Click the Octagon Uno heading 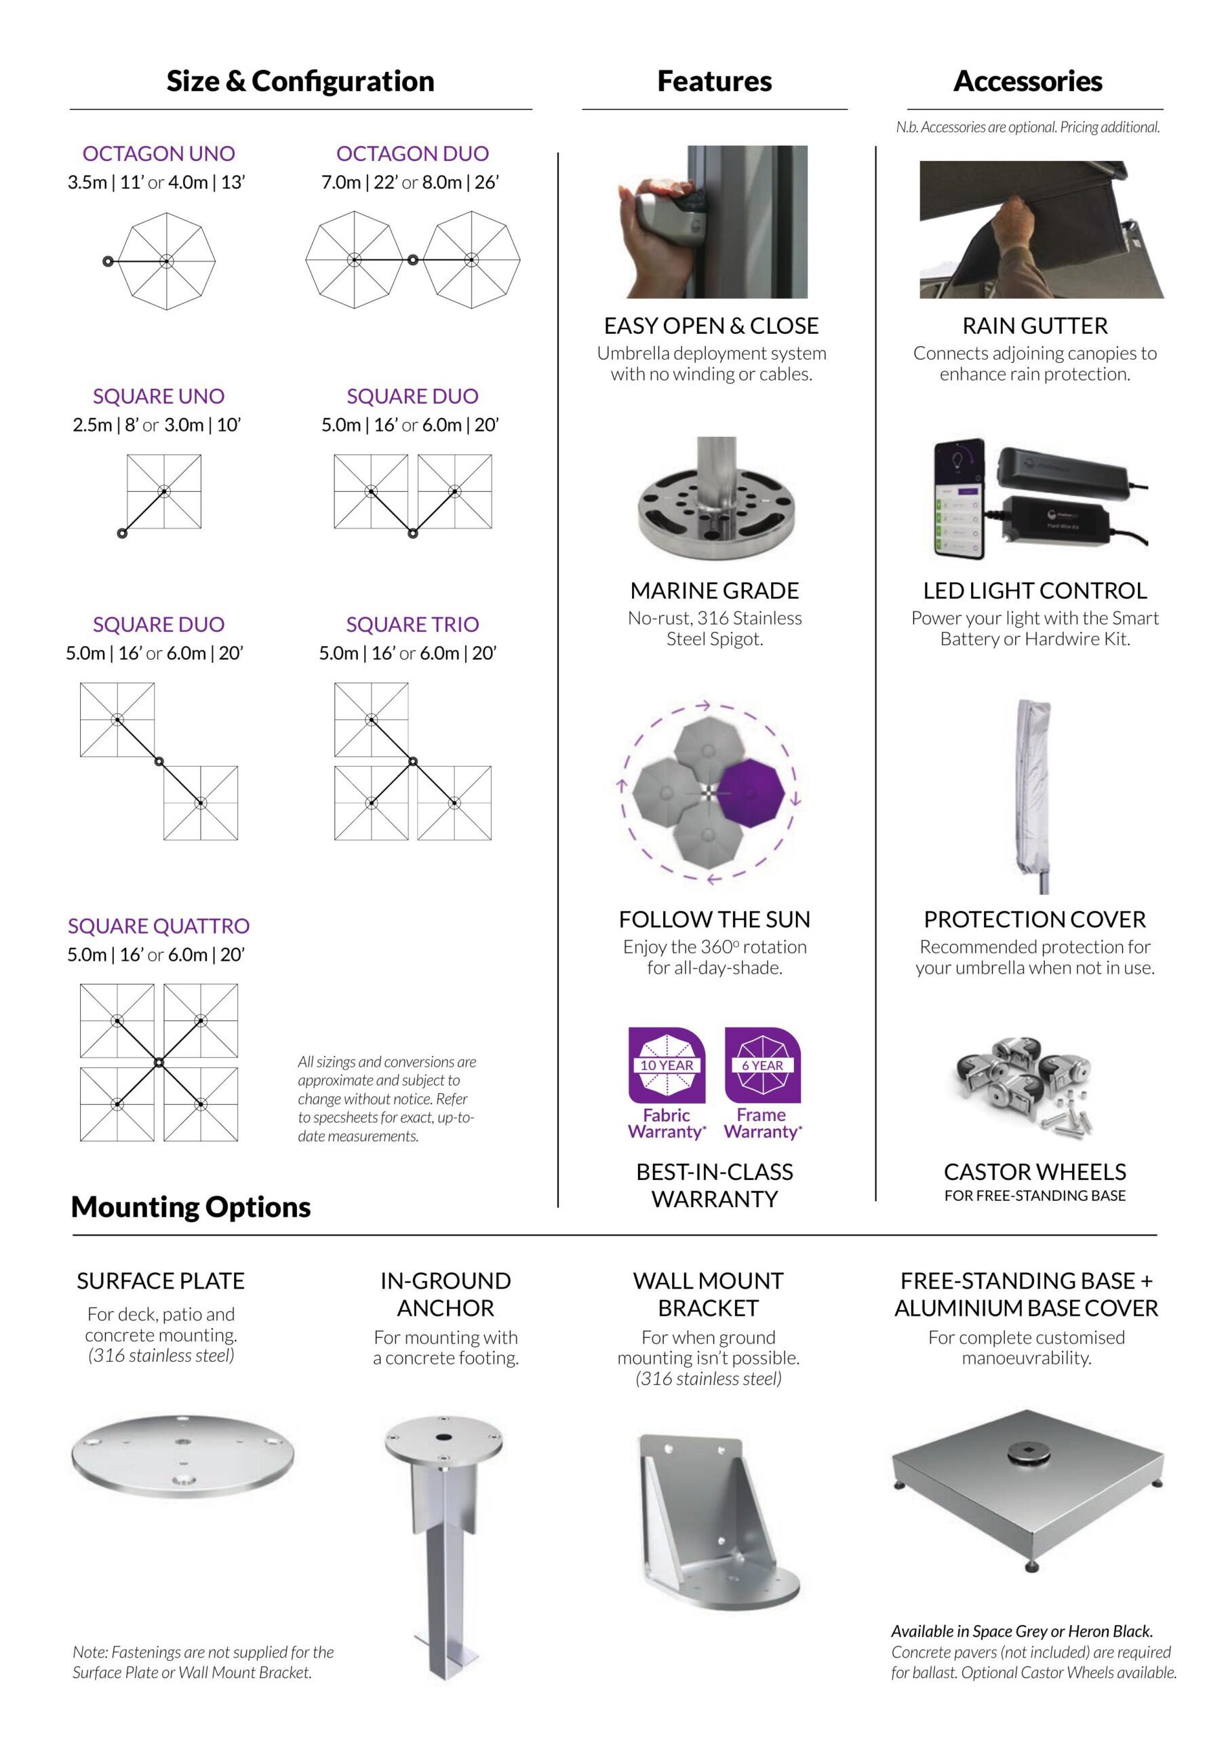(159, 153)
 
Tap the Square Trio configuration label (412, 624)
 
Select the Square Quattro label (159, 926)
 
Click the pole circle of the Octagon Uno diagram (108, 261)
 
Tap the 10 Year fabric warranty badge (666, 1065)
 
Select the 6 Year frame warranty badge (762, 1065)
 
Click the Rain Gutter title (1035, 326)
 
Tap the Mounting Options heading (191, 1206)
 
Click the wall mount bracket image (715, 1521)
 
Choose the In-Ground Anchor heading (445, 1294)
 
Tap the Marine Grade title (715, 591)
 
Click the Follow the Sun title (715, 919)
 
